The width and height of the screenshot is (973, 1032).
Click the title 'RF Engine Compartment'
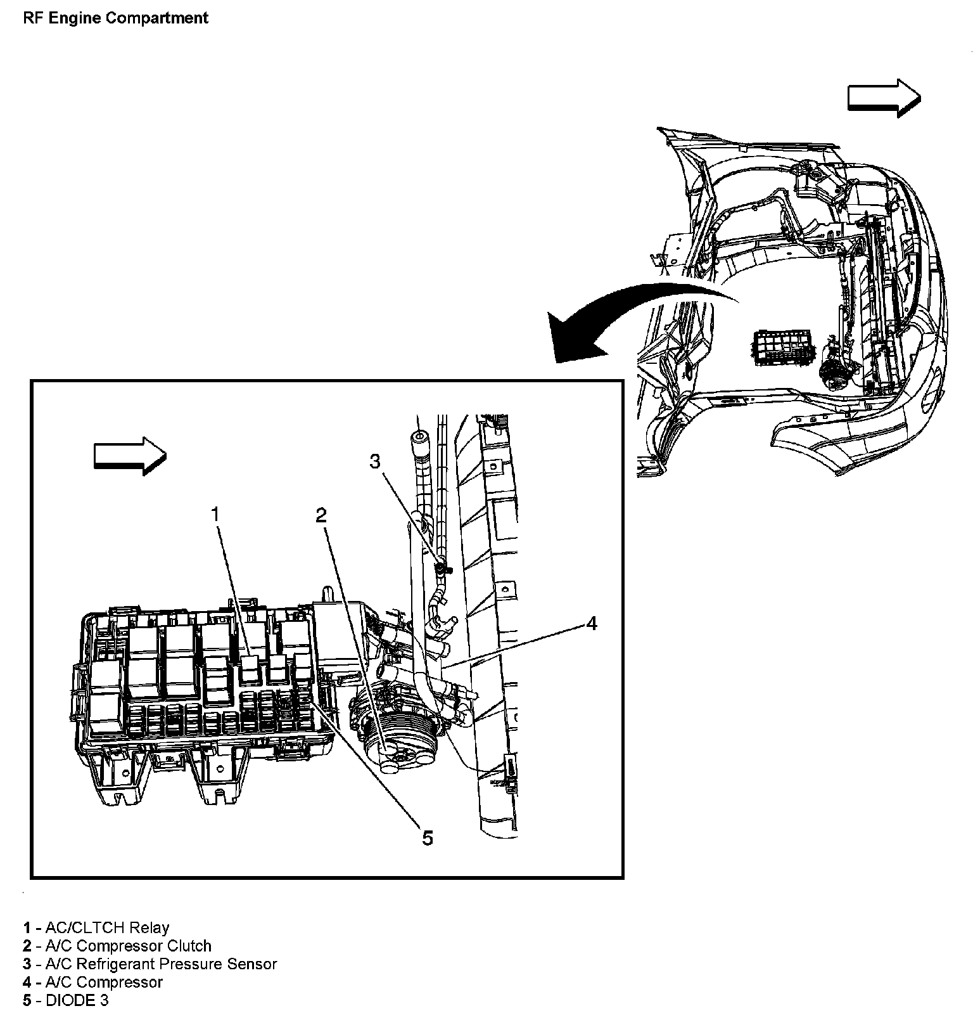[115, 18]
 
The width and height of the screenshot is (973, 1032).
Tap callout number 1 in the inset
[215, 513]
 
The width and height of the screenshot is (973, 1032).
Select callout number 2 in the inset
[321, 515]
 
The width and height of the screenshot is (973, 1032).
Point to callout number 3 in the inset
[375, 461]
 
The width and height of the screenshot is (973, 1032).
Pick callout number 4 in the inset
[591, 624]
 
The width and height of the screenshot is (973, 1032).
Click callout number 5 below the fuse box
[428, 838]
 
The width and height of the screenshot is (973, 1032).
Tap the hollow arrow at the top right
[884, 98]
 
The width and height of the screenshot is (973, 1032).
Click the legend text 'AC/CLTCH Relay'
[107, 928]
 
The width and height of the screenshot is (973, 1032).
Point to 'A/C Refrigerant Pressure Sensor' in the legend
[161, 964]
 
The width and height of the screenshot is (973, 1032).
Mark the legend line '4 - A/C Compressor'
[93, 983]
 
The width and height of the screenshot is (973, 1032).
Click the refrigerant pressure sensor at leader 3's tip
[438, 566]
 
